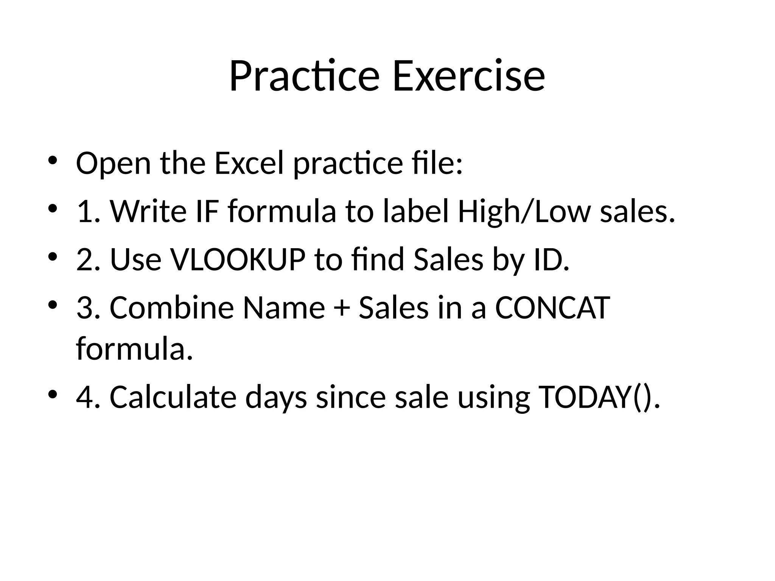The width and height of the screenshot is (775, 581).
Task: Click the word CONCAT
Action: tap(552, 308)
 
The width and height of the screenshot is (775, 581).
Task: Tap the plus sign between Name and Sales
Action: tap(341, 309)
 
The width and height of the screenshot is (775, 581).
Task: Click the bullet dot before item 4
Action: tap(53, 394)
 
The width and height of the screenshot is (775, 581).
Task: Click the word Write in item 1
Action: tap(148, 211)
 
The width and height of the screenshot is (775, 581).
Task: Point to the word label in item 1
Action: tap(415, 211)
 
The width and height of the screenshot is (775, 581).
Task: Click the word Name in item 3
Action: tap(283, 308)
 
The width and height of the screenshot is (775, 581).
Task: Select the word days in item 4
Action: tap(276, 397)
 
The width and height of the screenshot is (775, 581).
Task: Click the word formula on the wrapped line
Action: tap(131, 349)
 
